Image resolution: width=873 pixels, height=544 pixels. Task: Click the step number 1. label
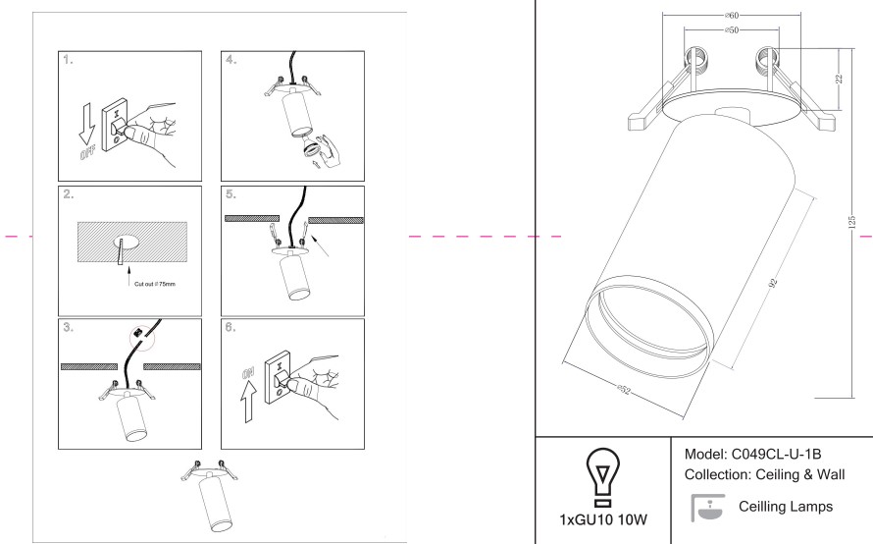pyautogui.click(x=68, y=60)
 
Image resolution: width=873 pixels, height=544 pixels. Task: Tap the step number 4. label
pyautogui.click(x=231, y=60)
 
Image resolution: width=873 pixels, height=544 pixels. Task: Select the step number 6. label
pyautogui.click(x=231, y=327)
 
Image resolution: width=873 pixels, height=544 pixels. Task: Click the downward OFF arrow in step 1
pyautogui.click(x=86, y=122)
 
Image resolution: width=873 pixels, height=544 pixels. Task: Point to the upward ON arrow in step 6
pyautogui.click(x=249, y=402)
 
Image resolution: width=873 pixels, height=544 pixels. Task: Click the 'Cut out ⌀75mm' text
pyautogui.click(x=155, y=284)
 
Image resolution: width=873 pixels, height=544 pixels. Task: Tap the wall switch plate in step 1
pyautogui.click(x=115, y=126)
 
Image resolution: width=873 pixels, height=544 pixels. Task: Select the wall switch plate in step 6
pyautogui.click(x=278, y=377)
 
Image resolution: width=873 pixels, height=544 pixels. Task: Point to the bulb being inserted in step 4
pyautogui.click(x=310, y=150)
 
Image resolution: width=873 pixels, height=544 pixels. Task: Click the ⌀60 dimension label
pyautogui.click(x=732, y=16)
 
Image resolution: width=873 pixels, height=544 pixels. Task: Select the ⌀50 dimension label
pyautogui.click(x=732, y=30)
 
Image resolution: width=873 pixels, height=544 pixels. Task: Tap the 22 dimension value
pyautogui.click(x=839, y=79)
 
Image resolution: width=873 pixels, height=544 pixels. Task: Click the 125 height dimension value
pyautogui.click(x=851, y=222)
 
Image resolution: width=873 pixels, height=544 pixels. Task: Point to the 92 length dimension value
pyautogui.click(x=772, y=283)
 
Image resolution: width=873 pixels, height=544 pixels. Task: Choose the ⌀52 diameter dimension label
pyautogui.click(x=624, y=389)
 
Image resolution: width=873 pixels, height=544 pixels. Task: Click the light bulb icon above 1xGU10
pyautogui.click(x=602, y=477)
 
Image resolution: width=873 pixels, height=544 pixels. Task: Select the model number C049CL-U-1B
pyautogui.click(x=776, y=455)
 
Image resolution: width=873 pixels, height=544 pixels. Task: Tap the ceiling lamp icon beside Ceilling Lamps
pyautogui.click(x=708, y=508)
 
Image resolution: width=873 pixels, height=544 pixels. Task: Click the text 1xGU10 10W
pyautogui.click(x=603, y=520)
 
